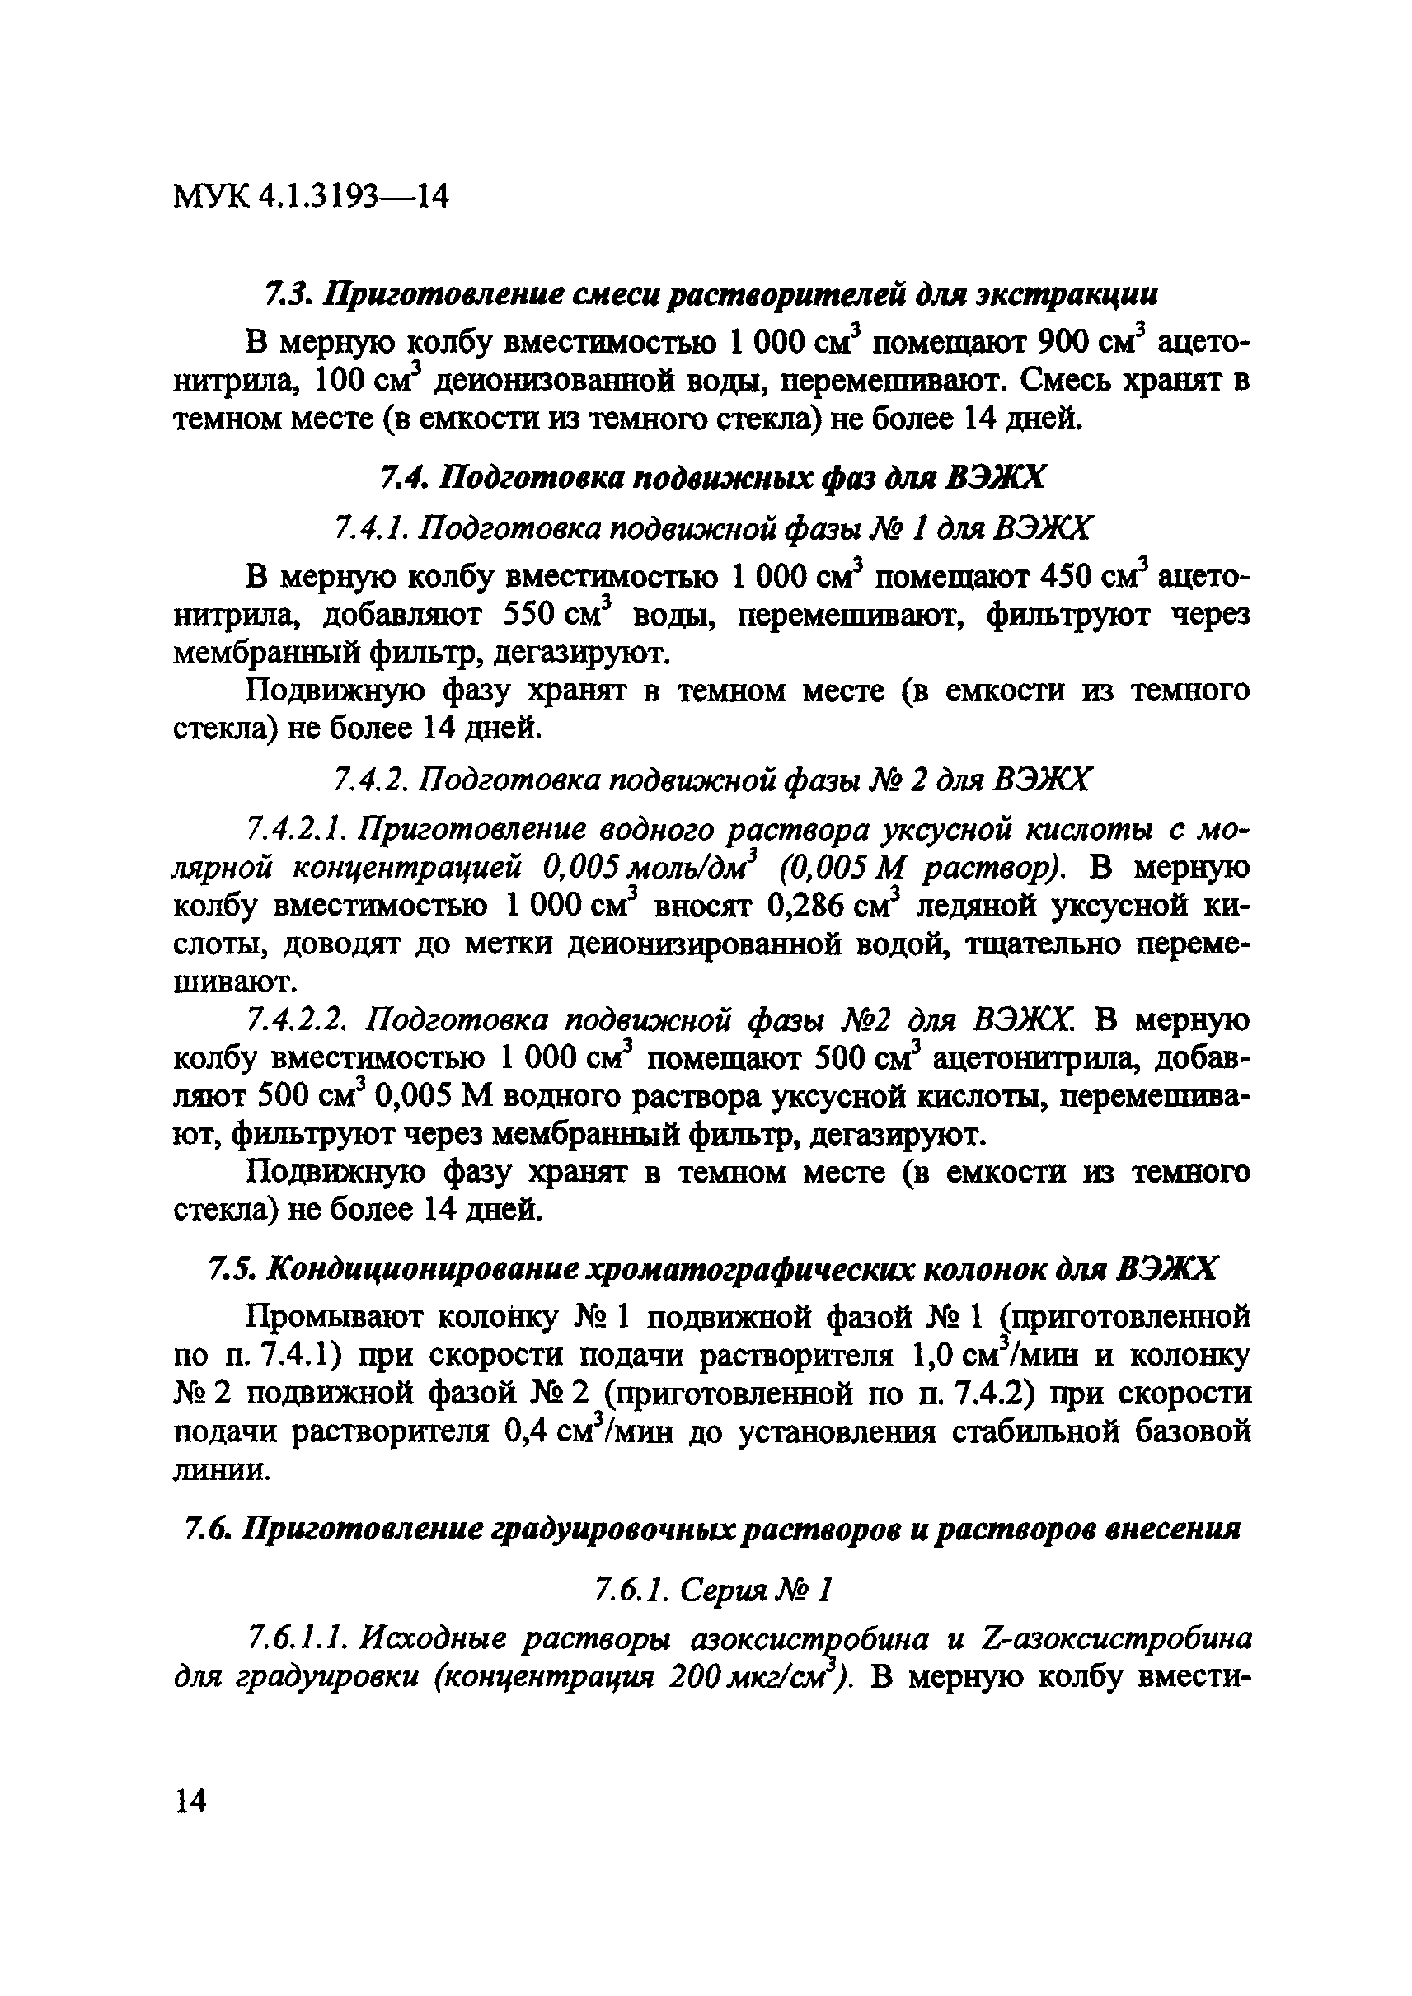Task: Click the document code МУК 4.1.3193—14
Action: pyautogui.click(x=312, y=197)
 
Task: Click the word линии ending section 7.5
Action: pyautogui.click(x=223, y=1470)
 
